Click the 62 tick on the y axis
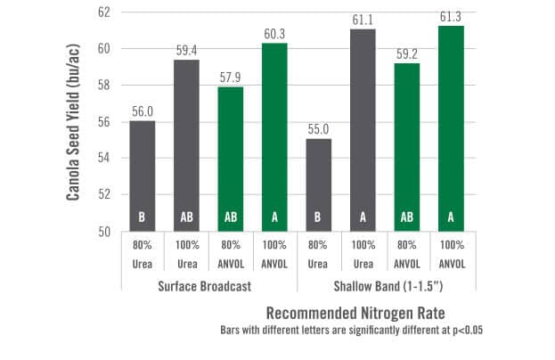coord(104,12)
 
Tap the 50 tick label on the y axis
coord(104,232)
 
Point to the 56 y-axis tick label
coord(104,122)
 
